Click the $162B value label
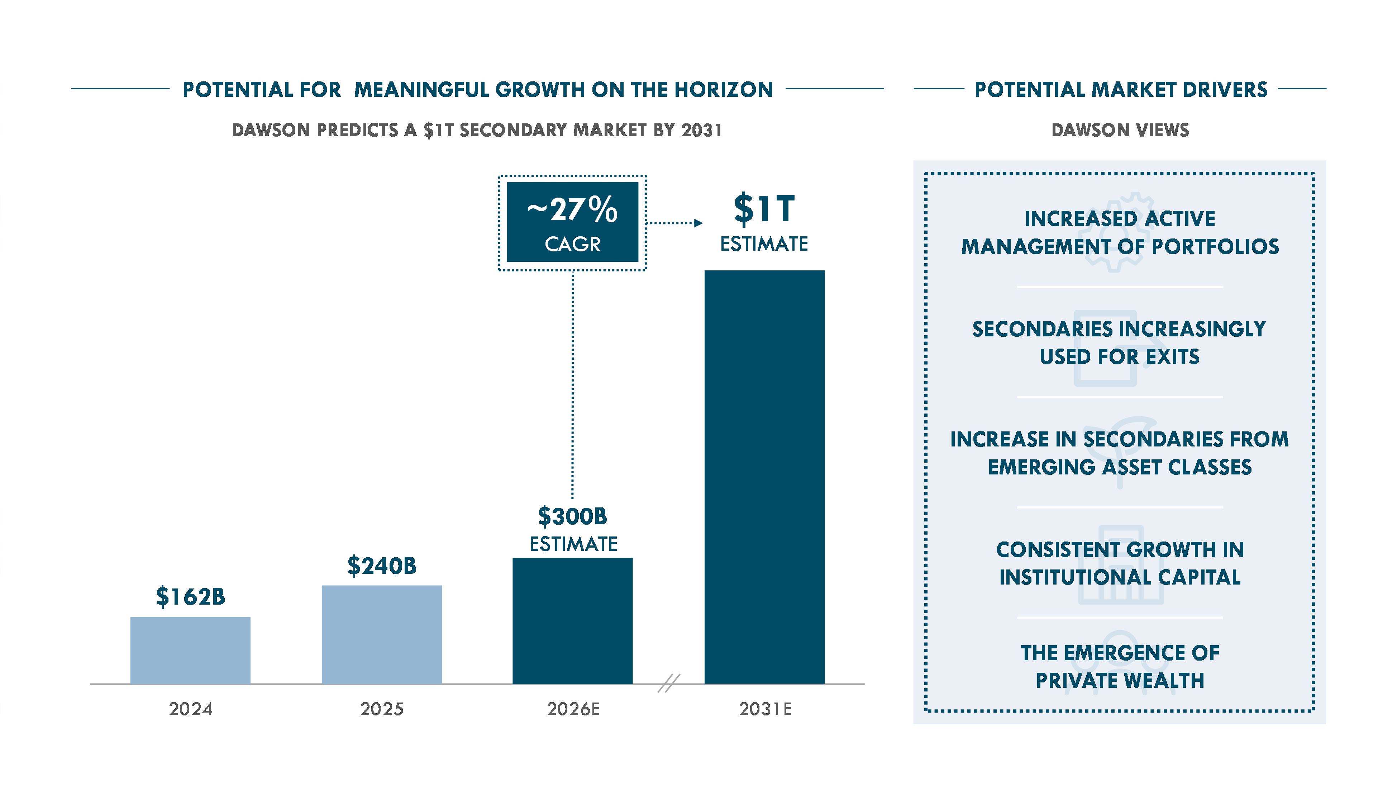point(190,596)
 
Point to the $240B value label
point(382,566)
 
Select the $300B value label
point(573,516)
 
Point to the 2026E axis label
point(573,709)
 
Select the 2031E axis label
point(765,709)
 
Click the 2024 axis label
point(190,709)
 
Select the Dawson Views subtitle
point(1120,130)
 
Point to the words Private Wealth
point(1120,680)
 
